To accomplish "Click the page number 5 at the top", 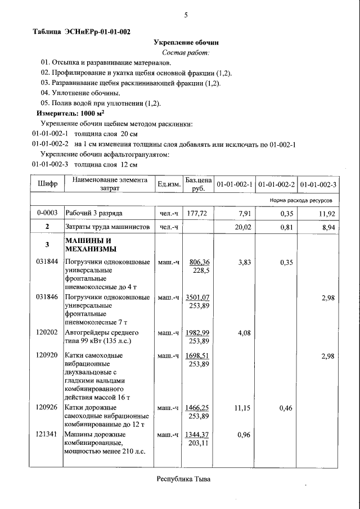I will coord(186,15).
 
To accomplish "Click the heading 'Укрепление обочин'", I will coord(186,42).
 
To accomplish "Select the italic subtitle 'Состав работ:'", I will coord(186,52).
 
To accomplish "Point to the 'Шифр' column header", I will coord(47,184).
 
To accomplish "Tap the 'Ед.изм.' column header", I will coord(169,184).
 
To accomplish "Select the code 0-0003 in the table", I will coord(47,214).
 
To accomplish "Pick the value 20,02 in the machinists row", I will coord(244,227).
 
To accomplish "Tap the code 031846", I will coord(47,297).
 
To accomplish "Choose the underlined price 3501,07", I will coord(197,297).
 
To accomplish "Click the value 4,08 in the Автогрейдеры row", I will coord(244,332).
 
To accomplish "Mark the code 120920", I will coord(47,355).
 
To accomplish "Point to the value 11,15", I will coord(242,408).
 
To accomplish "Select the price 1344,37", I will coord(197,434).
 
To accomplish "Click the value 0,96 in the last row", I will coord(244,434).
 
